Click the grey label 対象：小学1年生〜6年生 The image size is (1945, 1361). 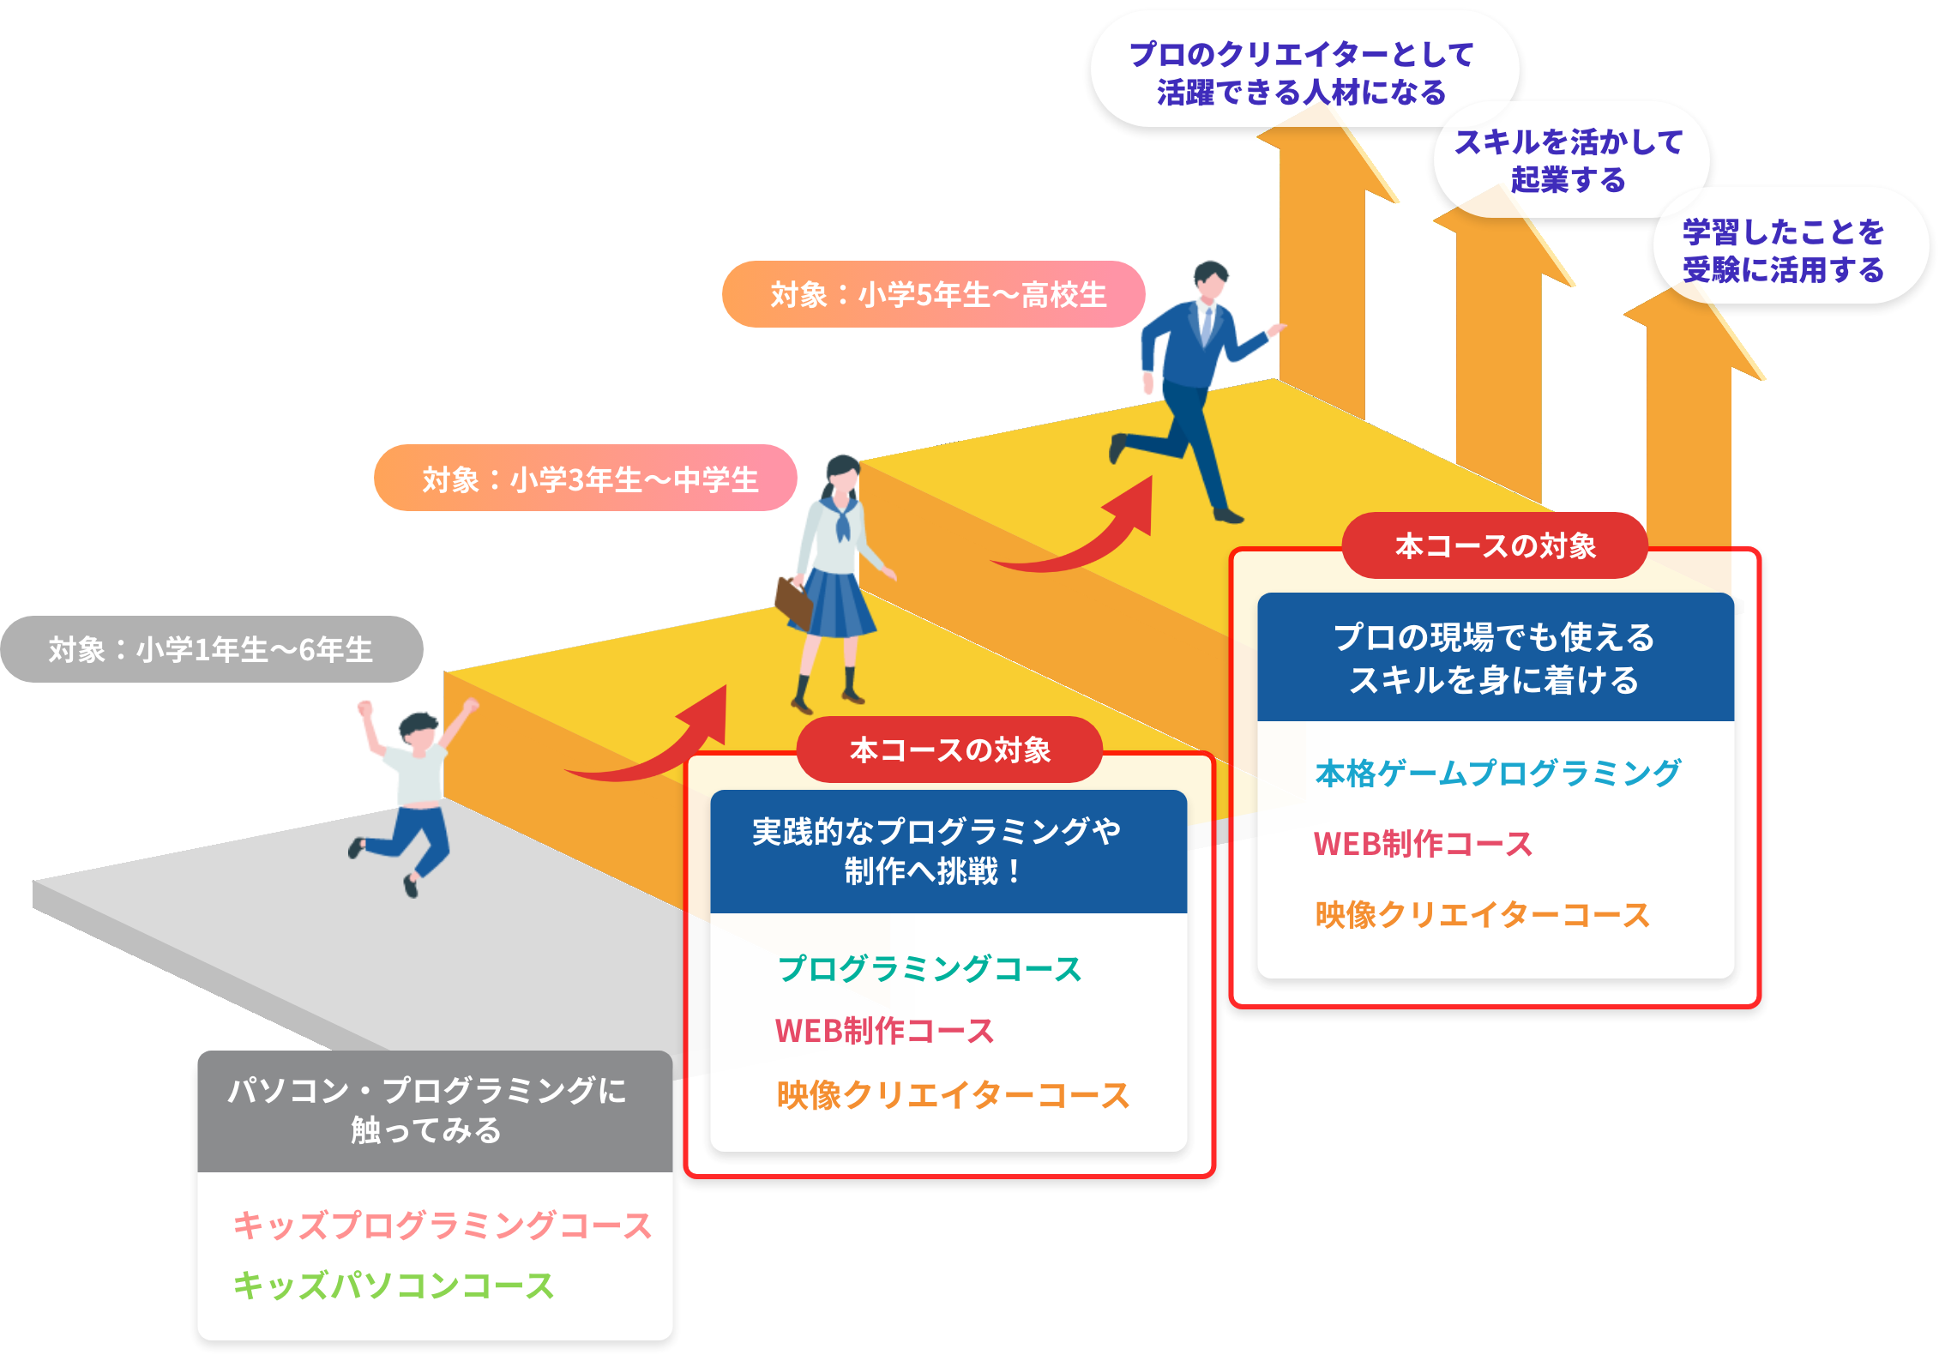coord(211,649)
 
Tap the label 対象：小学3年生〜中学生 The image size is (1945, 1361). coord(586,479)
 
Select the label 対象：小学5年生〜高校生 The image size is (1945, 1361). coord(934,294)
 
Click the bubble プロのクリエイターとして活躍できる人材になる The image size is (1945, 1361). coord(1302,72)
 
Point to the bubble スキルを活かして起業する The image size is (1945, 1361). coord(1569,160)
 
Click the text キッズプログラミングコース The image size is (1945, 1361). coord(443,1225)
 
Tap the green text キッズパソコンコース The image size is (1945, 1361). coord(394,1286)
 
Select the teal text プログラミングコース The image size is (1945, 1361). coord(930,968)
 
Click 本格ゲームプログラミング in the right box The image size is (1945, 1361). coord(1497,773)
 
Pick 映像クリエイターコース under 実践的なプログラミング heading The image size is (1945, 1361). coord(953,1095)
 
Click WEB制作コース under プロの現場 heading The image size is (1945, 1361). coord(1423,844)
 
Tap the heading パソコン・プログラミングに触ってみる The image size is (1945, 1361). coord(427,1111)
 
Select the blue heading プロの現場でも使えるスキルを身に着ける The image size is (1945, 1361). coord(1494,658)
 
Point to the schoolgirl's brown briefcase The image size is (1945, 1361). coord(793,600)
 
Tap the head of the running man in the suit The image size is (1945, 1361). coord(1210,280)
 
